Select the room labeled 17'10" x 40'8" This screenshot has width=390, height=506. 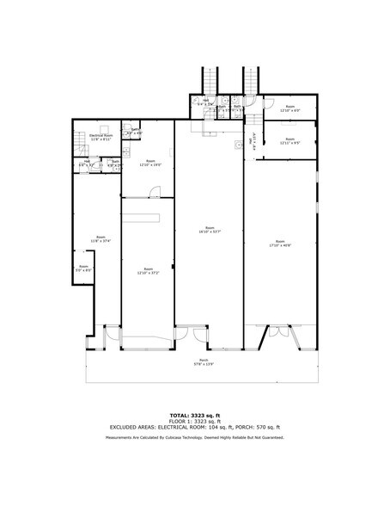click(x=280, y=243)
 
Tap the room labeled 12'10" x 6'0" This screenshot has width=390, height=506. click(x=289, y=108)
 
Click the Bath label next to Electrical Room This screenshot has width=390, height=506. click(x=135, y=131)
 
